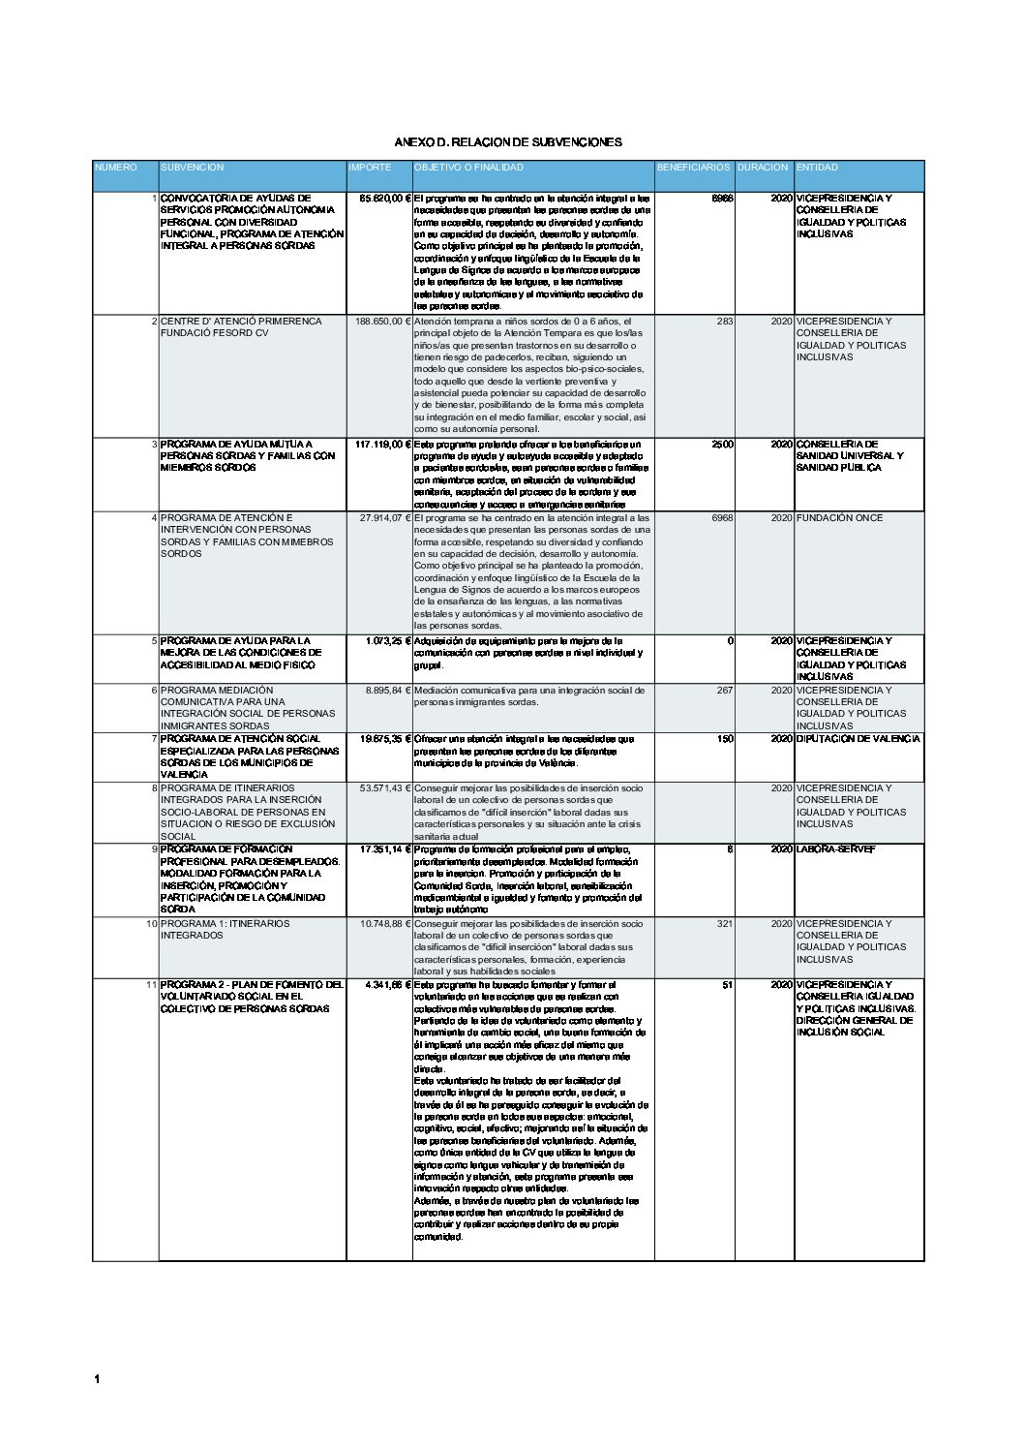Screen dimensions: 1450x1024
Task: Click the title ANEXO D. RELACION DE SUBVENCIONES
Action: (508, 142)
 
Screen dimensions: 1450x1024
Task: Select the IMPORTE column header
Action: (370, 168)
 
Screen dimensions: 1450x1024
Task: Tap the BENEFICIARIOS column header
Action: (693, 168)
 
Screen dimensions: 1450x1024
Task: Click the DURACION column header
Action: (763, 168)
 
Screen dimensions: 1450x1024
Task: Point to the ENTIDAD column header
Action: (817, 168)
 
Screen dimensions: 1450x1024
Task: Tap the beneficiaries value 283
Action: (725, 322)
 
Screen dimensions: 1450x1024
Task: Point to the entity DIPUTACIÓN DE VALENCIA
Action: (858, 739)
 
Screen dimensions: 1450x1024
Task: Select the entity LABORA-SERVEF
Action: (835, 849)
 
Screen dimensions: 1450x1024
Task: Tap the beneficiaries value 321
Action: (725, 924)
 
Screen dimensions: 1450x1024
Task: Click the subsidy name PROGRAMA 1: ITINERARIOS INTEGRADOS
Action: (225, 930)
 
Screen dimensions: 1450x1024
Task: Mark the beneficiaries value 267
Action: (725, 691)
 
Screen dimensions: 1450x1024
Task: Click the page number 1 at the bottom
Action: (97, 1379)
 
